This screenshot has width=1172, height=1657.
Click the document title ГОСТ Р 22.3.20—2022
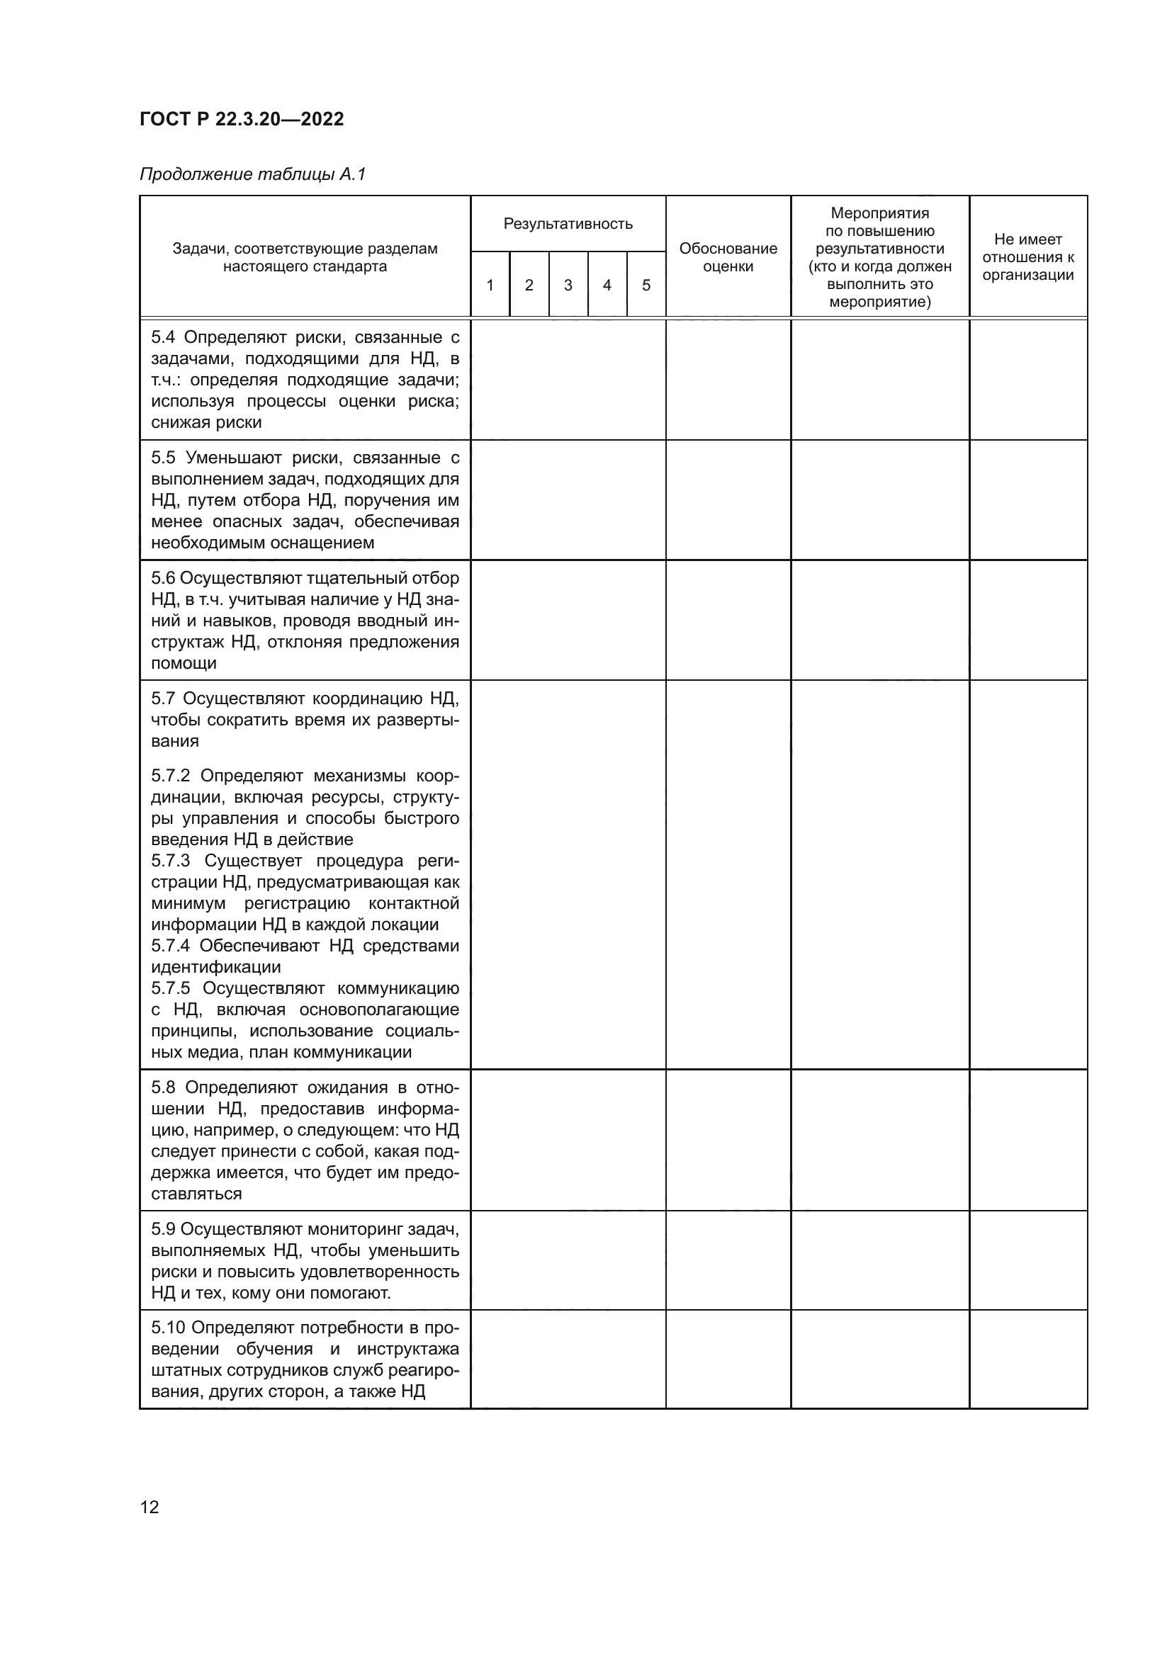tap(241, 119)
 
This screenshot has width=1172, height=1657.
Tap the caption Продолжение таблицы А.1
tap(252, 174)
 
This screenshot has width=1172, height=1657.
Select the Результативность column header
tap(568, 224)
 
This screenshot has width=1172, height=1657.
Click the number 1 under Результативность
tap(490, 285)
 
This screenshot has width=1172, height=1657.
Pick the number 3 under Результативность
tap(568, 285)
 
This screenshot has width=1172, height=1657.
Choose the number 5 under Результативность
tap(646, 285)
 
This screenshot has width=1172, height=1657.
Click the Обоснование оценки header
tap(728, 257)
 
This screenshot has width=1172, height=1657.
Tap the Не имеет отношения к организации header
tap(1027, 257)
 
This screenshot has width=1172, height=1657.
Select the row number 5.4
tap(163, 338)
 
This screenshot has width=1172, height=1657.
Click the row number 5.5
tap(163, 458)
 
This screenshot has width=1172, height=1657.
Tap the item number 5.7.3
tap(170, 861)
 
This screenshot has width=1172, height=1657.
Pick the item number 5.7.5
tap(170, 988)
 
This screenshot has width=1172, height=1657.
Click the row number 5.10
tap(167, 1328)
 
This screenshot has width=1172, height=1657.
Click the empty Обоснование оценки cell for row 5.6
tap(728, 620)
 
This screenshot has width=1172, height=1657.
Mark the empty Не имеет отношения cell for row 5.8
tap(1027, 1140)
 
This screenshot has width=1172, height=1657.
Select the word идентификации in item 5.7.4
tap(216, 967)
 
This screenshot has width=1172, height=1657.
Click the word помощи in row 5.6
tap(184, 663)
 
